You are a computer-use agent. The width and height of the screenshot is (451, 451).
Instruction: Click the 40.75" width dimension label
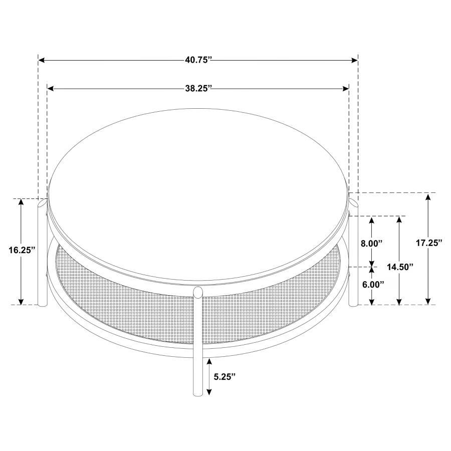point(198,60)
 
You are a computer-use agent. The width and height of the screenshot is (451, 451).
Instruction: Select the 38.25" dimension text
point(198,89)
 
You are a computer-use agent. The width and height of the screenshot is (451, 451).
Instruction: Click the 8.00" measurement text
point(371,243)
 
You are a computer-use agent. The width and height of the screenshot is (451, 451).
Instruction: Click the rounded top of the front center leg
point(198,292)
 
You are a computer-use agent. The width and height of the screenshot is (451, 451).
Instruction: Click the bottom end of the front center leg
point(198,393)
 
